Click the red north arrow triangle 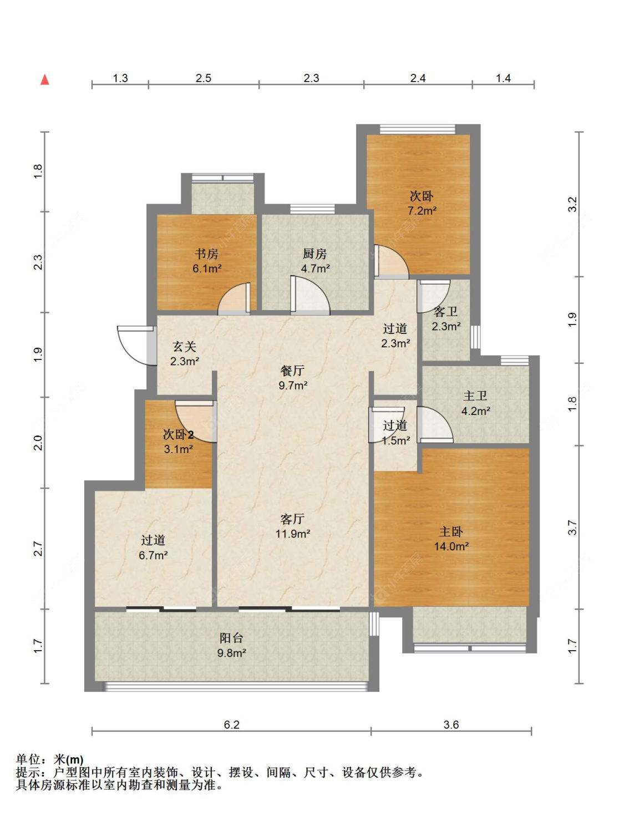coord(44,79)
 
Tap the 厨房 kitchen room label coord(315,254)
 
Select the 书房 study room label coord(207,254)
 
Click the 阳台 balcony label coord(231,638)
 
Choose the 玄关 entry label coord(184,347)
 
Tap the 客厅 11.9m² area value coord(293,534)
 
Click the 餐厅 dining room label coord(292,370)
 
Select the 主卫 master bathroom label coord(475,396)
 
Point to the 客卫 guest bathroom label coord(445,311)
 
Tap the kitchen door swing coord(310,295)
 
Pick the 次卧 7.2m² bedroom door coord(392,262)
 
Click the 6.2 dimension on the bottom coord(231,724)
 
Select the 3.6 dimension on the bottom coord(451,724)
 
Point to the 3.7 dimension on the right coord(573,528)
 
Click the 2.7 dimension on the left coord(38,549)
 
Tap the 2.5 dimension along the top coord(204,78)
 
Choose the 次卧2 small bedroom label coord(179,434)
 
